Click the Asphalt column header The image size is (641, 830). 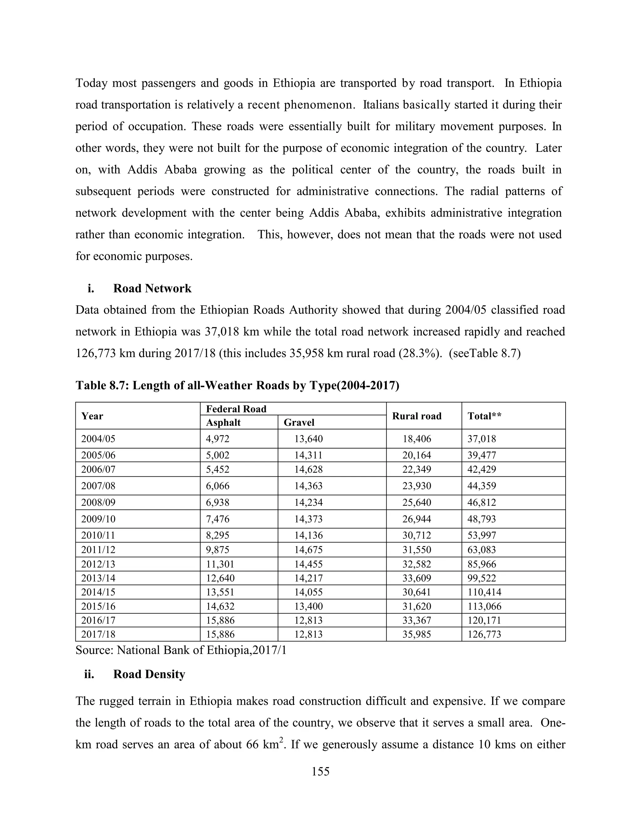223,422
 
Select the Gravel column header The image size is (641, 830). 299,422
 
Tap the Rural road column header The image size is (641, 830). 417,416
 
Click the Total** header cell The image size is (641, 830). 484,416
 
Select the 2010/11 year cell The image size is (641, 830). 98,536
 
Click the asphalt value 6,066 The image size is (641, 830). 218,486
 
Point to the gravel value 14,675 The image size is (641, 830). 308,550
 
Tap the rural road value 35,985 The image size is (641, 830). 417,634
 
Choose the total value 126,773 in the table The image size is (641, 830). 484,634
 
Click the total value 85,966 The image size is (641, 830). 481,564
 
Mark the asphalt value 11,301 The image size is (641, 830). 220,564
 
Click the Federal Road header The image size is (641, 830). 236,409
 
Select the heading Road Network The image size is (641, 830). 152,288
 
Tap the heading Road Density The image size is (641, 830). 149,674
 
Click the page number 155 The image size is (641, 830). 320,771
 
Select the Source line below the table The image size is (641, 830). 181,650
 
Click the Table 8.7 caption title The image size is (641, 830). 237,386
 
